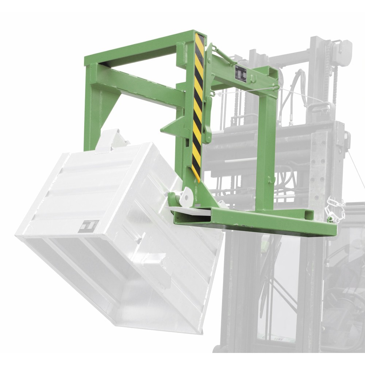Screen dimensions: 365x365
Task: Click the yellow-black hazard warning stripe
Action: coord(198,106)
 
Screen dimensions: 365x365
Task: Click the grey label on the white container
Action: coord(89,226)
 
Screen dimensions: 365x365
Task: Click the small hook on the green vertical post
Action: coord(270,180)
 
